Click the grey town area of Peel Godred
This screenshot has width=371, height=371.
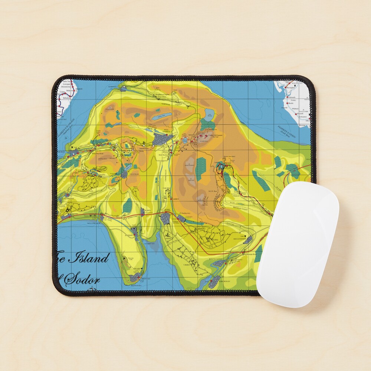162,139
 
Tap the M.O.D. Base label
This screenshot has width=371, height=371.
213,191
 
